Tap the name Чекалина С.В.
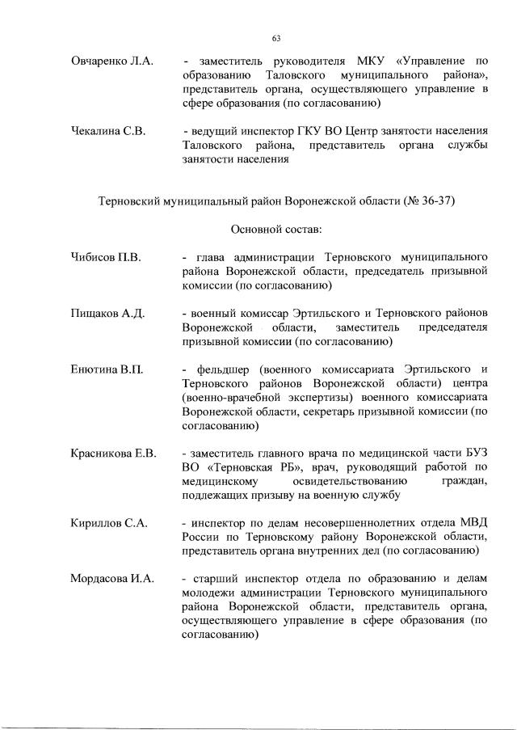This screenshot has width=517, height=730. tap(107, 132)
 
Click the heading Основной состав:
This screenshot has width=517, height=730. tap(275, 229)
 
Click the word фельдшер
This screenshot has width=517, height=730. tap(221, 369)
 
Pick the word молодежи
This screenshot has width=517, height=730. tap(207, 593)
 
